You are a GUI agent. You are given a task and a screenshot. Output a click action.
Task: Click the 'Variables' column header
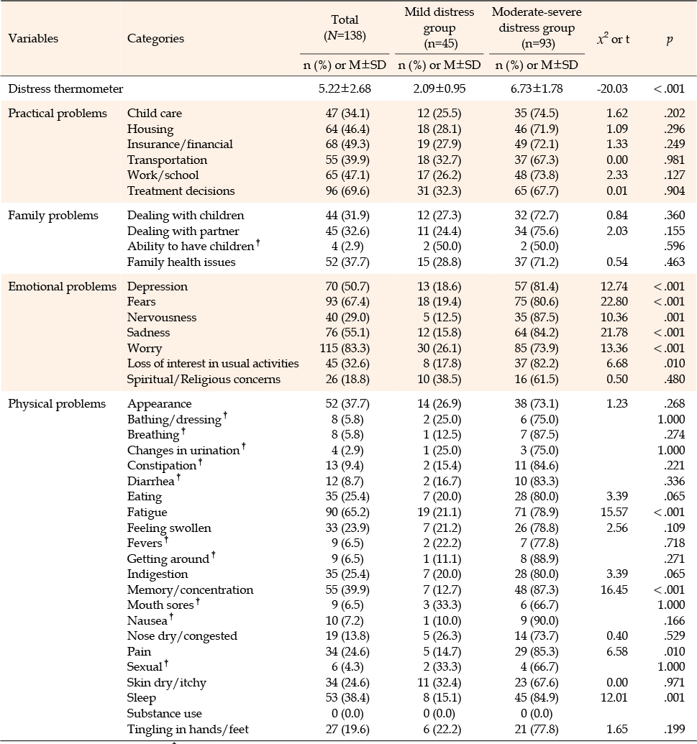click(x=33, y=38)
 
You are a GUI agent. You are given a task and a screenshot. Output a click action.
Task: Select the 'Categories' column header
click(x=155, y=38)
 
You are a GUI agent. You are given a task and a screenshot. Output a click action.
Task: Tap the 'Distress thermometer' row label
click(x=65, y=88)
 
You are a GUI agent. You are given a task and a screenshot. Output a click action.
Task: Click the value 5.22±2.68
click(x=345, y=88)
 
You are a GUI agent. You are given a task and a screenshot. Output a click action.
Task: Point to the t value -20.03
click(x=612, y=88)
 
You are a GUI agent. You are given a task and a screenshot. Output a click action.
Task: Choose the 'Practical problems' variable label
click(x=58, y=114)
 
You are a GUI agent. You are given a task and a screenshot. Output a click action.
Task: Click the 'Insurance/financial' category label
click(x=180, y=144)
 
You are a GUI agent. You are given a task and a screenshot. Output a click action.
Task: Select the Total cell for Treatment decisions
click(x=347, y=190)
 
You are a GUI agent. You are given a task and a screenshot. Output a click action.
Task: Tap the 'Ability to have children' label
click(x=191, y=247)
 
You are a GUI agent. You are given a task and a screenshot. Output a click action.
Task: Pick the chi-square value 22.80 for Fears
click(x=614, y=302)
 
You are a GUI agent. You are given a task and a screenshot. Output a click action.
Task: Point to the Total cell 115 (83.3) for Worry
click(x=345, y=348)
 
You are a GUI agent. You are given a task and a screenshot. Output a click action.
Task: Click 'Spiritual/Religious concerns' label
click(x=204, y=379)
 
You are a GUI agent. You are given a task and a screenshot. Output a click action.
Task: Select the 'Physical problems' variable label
click(x=57, y=404)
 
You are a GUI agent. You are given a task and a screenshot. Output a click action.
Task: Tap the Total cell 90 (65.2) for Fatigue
click(x=347, y=512)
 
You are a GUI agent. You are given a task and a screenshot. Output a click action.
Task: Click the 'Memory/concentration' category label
click(x=191, y=589)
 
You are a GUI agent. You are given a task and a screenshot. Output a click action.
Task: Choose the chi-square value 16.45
click(x=614, y=589)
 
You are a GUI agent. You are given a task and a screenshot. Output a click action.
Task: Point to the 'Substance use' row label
click(x=164, y=714)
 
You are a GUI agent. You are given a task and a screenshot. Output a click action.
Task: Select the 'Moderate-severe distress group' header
click(x=537, y=27)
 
